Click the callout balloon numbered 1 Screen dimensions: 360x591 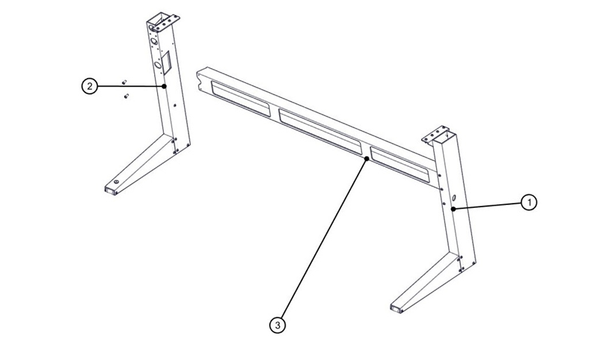(x=528, y=202)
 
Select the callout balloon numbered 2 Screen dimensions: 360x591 (x=89, y=87)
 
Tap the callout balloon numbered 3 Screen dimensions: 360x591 (x=278, y=326)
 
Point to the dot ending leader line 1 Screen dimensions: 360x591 (x=453, y=207)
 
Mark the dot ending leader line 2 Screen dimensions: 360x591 (x=163, y=88)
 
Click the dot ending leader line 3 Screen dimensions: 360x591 (x=365, y=159)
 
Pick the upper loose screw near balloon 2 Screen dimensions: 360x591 (x=124, y=81)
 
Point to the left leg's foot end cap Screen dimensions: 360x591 (x=111, y=192)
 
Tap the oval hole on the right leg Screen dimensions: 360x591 (x=453, y=196)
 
